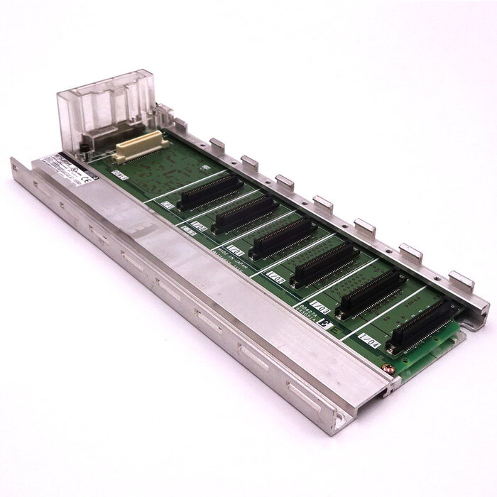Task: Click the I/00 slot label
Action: (199, 227)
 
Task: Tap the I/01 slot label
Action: (235, 251)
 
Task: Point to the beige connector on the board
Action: (141, 146)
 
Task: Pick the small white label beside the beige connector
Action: (119, 174)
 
